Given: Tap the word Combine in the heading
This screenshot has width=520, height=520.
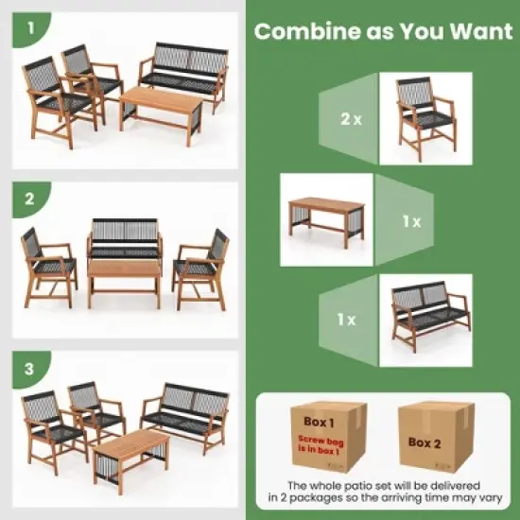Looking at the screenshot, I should pos(301,30).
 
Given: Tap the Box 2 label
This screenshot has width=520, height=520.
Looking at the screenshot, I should pos(424,441).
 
